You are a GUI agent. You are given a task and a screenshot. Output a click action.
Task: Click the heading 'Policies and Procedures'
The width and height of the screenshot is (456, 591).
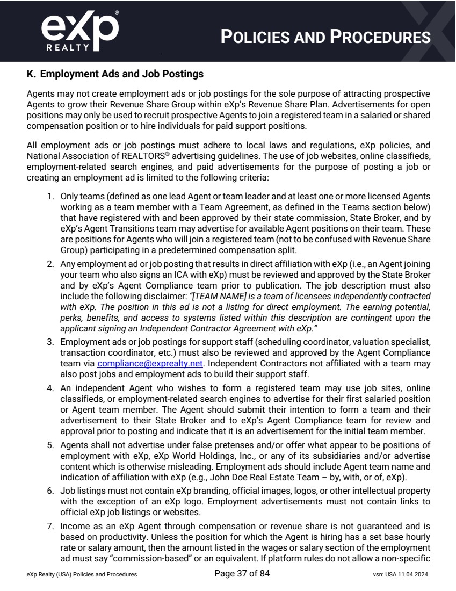326,37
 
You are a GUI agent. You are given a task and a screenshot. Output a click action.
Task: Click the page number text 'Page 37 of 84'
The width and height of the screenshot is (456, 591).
242,574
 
